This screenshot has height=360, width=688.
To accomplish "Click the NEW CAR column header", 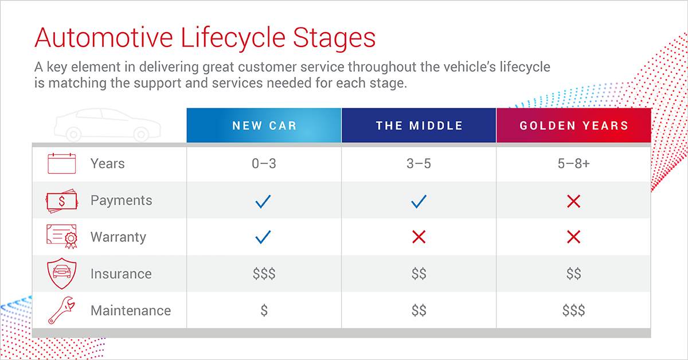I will (264, 126).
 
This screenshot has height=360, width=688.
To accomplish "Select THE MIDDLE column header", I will (419, 126).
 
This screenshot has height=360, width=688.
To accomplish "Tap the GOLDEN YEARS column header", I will (573, 126).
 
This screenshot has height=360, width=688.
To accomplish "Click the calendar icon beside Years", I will (61, 163).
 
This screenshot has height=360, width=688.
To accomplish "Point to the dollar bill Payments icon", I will (61, 201).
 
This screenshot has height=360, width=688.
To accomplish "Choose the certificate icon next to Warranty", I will (62, 237).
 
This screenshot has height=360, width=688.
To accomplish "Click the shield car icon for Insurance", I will (61, 273).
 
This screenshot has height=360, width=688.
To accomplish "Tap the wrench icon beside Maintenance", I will (61, 310).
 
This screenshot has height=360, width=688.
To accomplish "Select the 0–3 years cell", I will (264, 164).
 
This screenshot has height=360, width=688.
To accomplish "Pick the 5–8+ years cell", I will (573, 164).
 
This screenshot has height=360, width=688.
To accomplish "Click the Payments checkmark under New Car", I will (263, 201).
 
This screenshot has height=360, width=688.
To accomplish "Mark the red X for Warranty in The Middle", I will (419, 237).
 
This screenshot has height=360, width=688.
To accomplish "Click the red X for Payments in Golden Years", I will (573, 201).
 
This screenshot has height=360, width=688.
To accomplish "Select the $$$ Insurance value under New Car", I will (264, 274).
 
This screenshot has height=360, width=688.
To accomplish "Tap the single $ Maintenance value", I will (264, 311).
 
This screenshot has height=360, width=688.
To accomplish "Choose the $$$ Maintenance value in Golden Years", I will (573, 311).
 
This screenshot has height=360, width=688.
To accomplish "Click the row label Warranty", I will (118, 237).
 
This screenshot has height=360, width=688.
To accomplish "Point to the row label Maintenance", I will (131, 311).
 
